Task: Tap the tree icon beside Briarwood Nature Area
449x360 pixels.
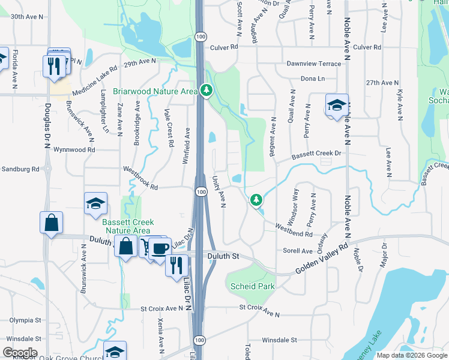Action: (x=206, y=91)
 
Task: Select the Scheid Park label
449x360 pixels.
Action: (x=252, y=286)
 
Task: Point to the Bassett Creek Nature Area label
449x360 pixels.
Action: (x=127, y=226)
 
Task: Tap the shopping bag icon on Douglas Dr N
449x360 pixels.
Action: (x=52, y=223)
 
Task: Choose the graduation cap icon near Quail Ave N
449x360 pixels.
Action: (x=337, y=106)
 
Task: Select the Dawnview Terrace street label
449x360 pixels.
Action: (x=314, y=63)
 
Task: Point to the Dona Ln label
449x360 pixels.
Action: (x=312, y=79)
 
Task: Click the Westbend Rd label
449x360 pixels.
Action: (x=294, y=230)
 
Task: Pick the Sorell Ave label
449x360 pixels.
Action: (x=298, y=251)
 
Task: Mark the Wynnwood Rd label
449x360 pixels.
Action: (x=74, y=149)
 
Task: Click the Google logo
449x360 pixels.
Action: (x=20, y=352)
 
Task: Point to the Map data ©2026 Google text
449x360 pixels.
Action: (x=411, y=355)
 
